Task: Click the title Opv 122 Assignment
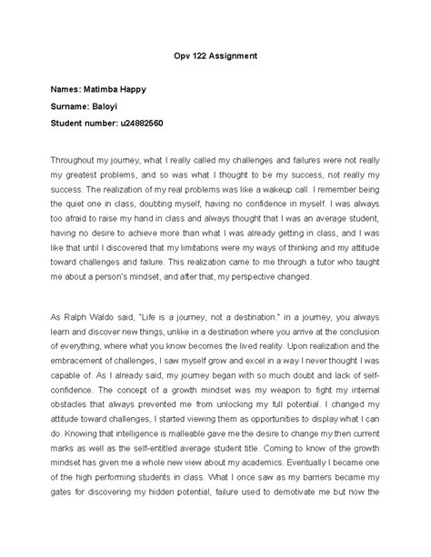(215, 55)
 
